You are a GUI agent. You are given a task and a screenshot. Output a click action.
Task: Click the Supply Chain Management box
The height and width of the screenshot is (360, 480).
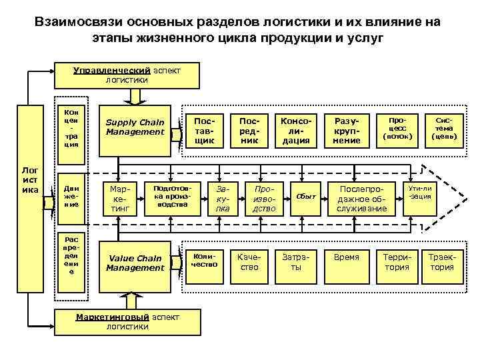coord(135,127)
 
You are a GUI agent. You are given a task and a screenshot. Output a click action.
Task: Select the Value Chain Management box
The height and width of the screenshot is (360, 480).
coord(135,263)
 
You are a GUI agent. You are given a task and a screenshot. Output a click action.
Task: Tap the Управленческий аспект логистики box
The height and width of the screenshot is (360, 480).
coord(126,75)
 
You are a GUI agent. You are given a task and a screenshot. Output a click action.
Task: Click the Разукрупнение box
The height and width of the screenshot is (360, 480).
coord(347,131)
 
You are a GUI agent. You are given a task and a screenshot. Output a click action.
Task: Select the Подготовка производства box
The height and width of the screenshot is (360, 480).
coord(168,197)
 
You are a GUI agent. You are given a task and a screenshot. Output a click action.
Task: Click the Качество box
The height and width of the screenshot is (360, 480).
coord(249,262)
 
